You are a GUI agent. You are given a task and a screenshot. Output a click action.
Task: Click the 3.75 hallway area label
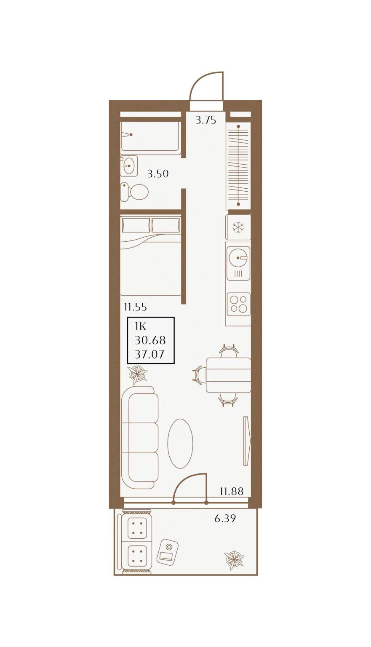pyautogui.click(x=206, y=120)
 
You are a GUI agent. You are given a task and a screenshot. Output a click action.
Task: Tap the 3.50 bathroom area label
pyautogui.click(x=158, y=174)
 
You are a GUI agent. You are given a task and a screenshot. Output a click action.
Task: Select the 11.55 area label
pyautogui.click(x=136, y=307)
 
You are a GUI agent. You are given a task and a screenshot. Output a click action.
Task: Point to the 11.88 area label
pyautogui.click(x=232, y=491)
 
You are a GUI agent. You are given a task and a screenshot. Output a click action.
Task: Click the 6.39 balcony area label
pyautogui.click(x=225, y=518)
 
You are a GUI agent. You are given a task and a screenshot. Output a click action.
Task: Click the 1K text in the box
pyautogui.click(x=141, y=326)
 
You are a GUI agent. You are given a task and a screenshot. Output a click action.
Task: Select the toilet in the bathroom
pyautogui.click(x=134, y=191)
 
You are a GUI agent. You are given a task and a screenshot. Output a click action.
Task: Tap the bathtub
pyautogui.click(x=150, y=136)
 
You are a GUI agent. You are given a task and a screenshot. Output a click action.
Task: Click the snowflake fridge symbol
pyautogui.click(x=238, y=227)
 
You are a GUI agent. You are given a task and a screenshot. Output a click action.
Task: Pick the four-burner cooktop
pyautogui.click(x=238, y=304)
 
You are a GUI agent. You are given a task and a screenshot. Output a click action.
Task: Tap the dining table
pyautogui.click(x=228, y=375)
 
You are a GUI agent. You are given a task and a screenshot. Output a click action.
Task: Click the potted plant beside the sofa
pyautogui.click(x=138, y=374)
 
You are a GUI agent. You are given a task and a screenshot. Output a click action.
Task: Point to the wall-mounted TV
pyautogui.click(x=246, y=441)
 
